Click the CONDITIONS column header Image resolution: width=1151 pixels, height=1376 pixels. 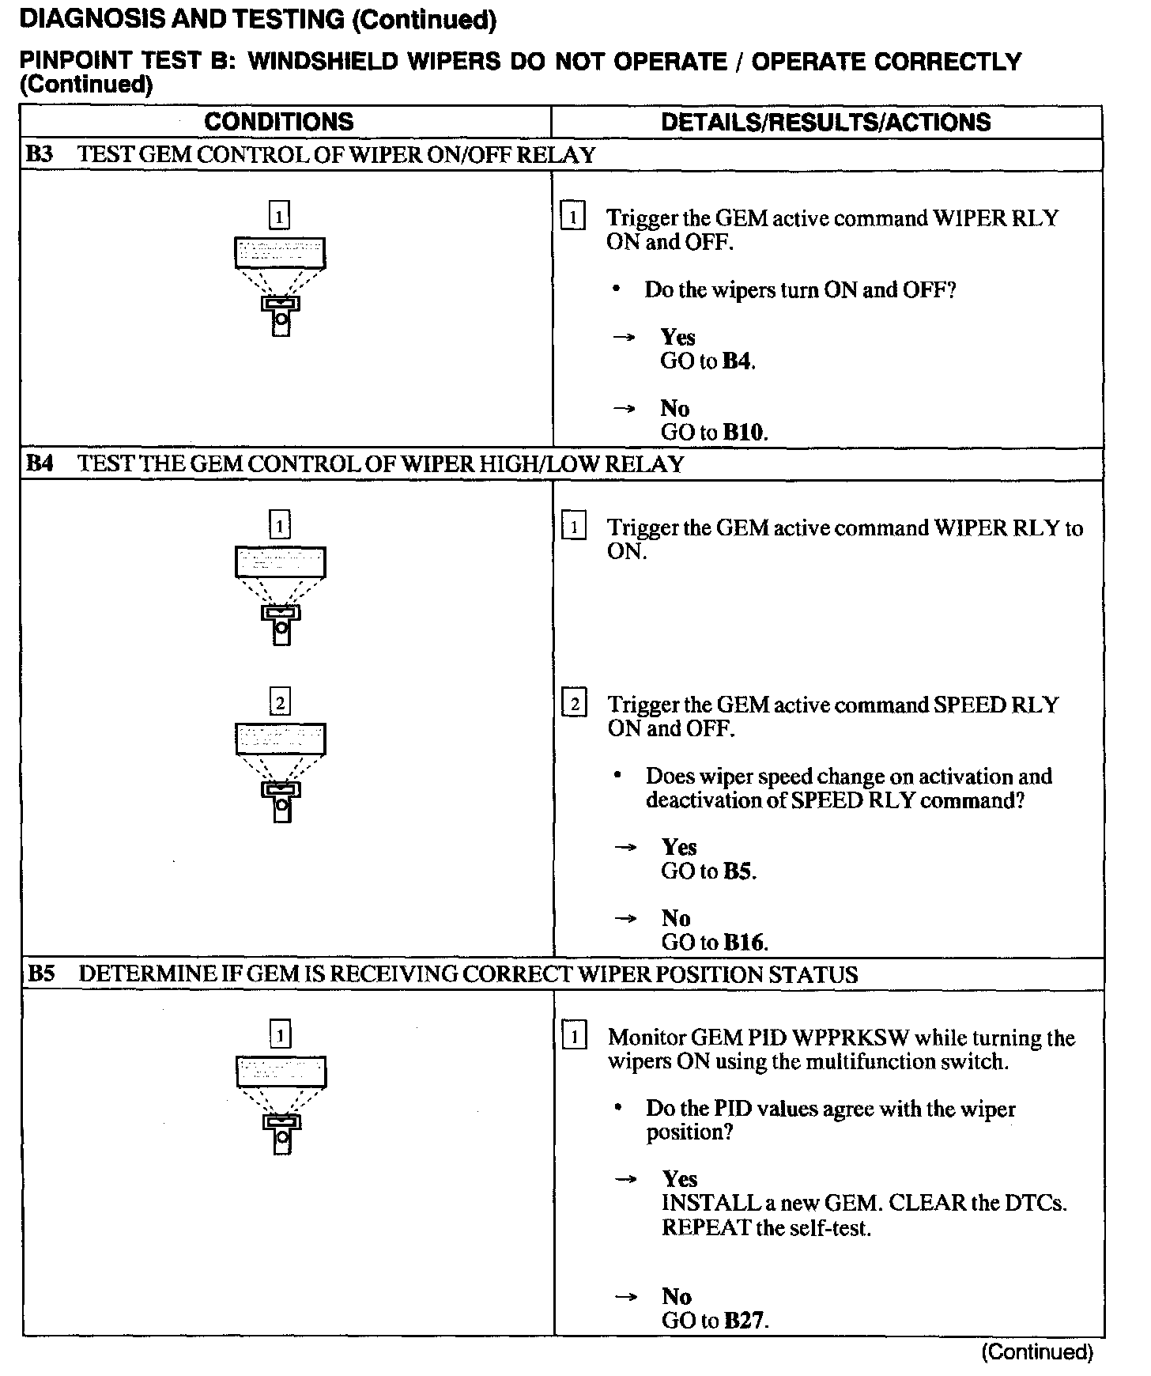278,122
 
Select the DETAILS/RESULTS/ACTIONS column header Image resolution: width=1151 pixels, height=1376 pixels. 825,122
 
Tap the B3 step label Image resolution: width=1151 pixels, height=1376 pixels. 40,154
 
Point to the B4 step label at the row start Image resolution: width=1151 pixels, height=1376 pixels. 40,463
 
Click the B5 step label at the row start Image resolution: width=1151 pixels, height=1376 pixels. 41,973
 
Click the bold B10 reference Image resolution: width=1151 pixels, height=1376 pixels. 744,433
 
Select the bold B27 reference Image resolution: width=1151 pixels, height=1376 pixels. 745,1320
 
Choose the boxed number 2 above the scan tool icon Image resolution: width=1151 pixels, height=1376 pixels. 280,702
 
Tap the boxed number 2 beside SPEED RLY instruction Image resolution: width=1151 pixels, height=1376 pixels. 574,704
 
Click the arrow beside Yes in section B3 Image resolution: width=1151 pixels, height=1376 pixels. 625,338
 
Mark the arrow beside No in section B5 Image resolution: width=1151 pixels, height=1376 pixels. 626,1297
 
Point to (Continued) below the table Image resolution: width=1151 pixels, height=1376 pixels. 1036,1351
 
